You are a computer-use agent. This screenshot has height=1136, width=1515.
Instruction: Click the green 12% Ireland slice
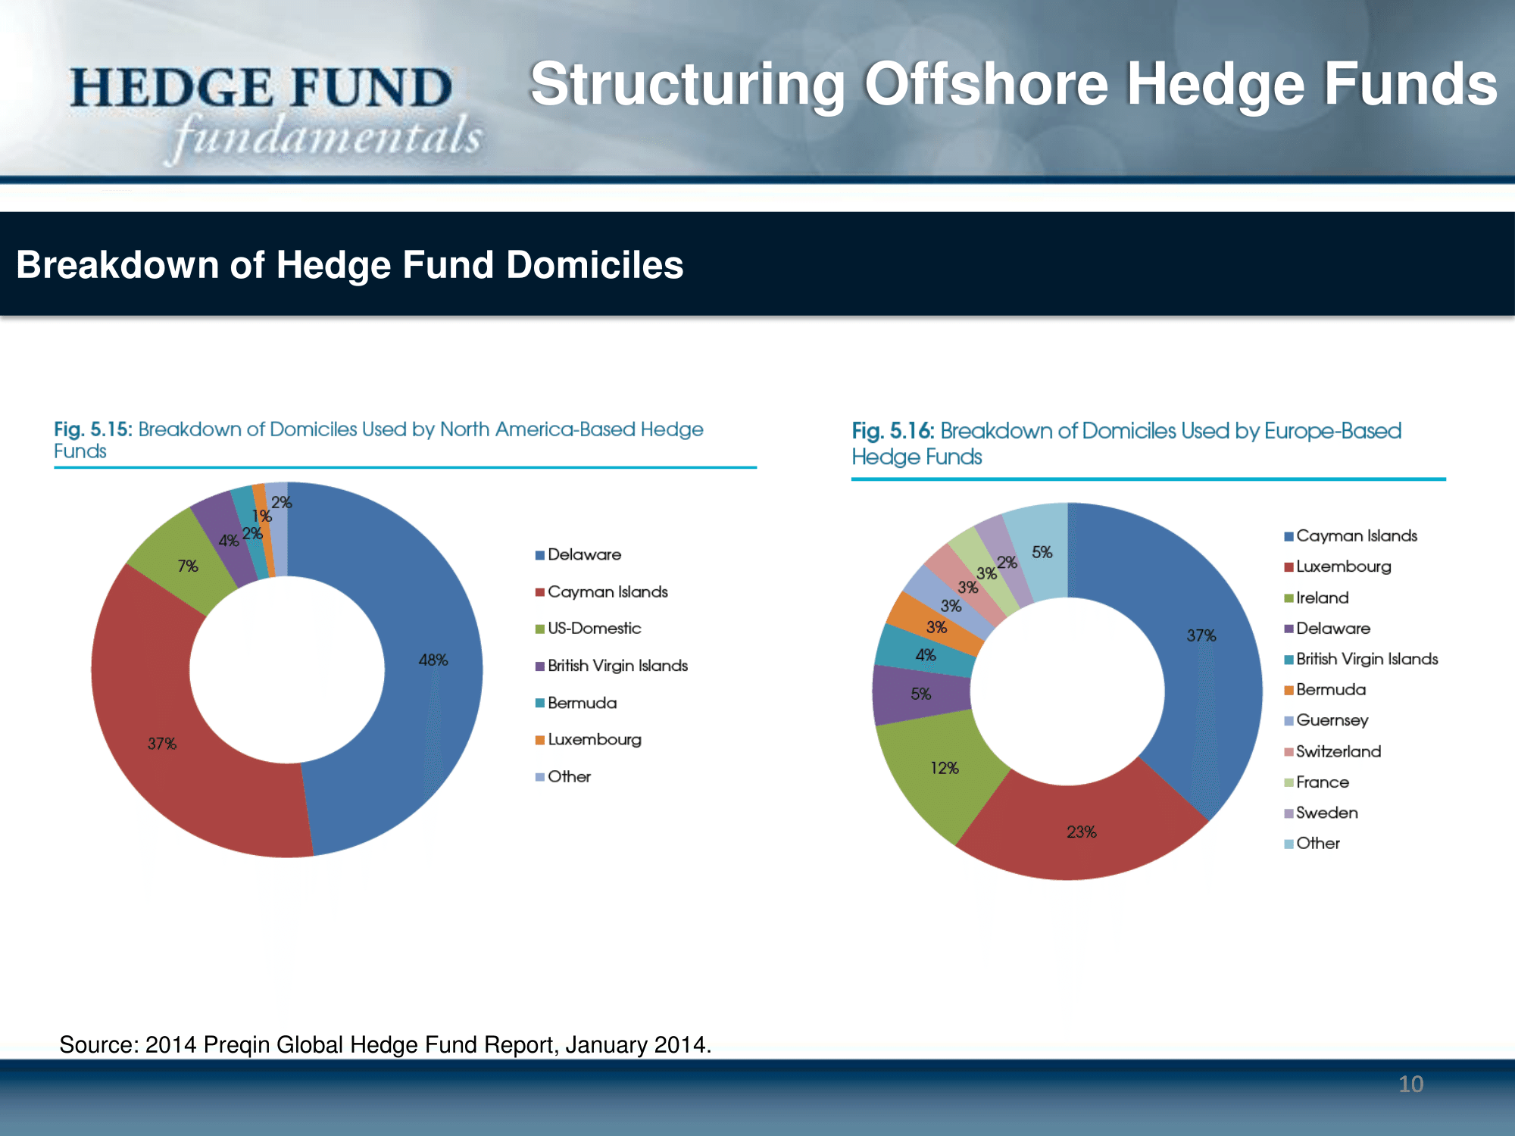[x=939, y=772]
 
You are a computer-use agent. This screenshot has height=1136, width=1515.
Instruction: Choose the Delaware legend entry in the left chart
[x=578, y=554]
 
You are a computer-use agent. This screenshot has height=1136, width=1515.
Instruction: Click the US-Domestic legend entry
[x=588, y=629]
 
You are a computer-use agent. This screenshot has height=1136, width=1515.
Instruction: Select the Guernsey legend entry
[x=1326, y=720]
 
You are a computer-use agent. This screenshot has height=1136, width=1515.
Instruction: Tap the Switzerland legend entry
[x=1332, y=751]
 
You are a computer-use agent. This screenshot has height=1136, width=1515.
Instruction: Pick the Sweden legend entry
[x=1321, y=813]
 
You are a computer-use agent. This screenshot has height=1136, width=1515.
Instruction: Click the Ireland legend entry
[x=1317, y=598]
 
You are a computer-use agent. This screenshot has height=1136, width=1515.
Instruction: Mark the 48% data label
[x=433, y=660]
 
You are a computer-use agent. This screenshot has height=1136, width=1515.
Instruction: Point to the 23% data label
[x=1082, y=832]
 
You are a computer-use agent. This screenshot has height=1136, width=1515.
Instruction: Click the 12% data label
[x=945, y=768]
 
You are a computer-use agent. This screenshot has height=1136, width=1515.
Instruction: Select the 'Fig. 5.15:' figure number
[x=93, y=429]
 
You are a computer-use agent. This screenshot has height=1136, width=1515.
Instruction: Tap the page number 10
[x=1410, y=1084]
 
